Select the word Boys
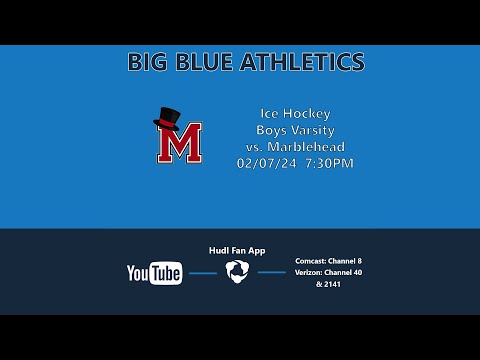pos(271,130)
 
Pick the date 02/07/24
pos(263,162)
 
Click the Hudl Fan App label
pos(236,250)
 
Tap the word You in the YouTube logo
pos(139,273)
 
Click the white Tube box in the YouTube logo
pos(167,273)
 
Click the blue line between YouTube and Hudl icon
pos(203,273)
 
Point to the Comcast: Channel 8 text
pos(328,260)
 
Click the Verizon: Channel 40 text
pos(328,272)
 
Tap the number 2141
pos(333,284)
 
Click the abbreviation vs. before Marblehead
pos(254,146)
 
